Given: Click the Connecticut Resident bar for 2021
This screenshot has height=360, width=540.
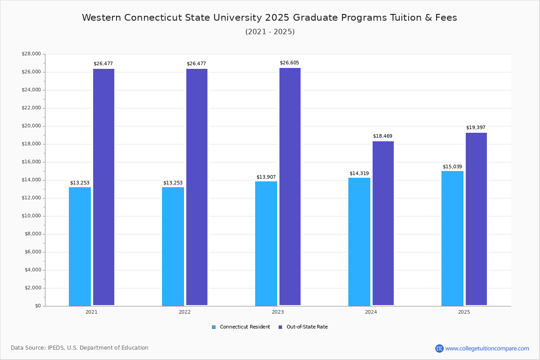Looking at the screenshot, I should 80,246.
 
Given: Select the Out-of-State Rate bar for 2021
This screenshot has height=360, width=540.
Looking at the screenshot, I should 103,187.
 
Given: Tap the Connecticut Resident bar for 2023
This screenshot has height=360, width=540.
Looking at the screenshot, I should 266,243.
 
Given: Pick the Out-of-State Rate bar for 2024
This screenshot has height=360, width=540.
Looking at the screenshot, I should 383,223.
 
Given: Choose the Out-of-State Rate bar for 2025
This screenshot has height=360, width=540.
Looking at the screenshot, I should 476,219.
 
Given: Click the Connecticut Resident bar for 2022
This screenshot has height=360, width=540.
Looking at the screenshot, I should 173,246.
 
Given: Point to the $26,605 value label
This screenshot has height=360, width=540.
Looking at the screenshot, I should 289,63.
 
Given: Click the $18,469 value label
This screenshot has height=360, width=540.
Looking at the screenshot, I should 382,136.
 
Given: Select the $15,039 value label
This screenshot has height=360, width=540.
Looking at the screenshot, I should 452,166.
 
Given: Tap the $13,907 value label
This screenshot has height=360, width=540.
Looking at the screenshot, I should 266,177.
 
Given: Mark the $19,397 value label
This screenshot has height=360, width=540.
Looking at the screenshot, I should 476,127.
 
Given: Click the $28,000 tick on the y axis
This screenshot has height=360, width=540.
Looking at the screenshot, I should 31,54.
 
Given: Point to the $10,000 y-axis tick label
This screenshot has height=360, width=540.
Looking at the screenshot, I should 31,216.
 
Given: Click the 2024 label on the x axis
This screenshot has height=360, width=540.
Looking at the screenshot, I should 371,312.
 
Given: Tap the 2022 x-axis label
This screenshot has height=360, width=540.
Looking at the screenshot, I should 184,312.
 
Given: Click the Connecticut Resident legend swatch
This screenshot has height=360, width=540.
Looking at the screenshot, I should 214,327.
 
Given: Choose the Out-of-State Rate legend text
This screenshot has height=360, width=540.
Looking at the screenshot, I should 307,327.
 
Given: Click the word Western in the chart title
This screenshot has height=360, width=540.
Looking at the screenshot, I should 102,18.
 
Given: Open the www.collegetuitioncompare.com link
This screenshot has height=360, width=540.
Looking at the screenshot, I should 487,348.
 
